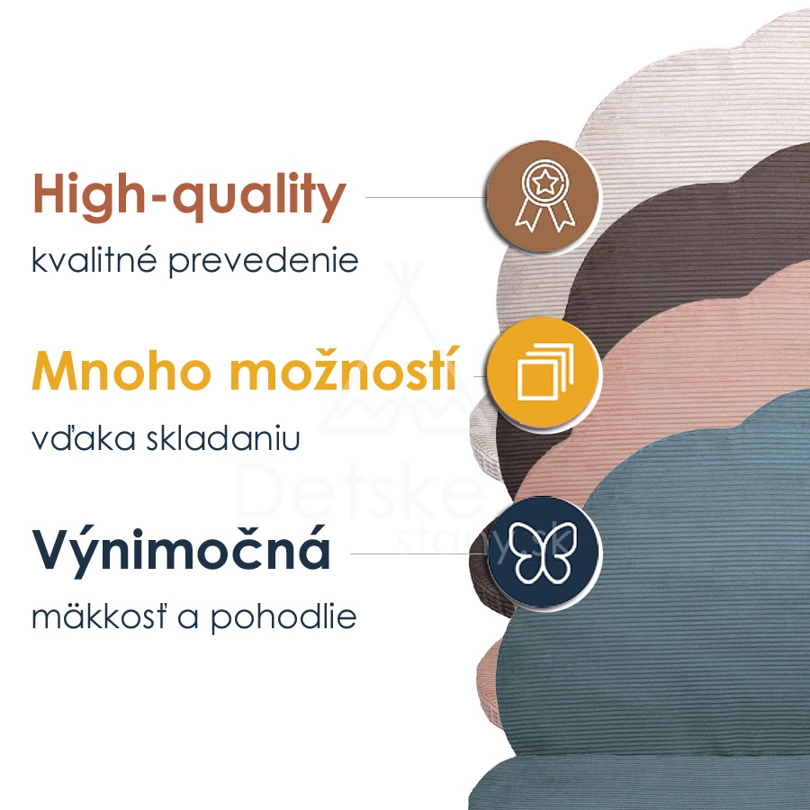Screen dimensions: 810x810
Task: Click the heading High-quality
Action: pos(190,196)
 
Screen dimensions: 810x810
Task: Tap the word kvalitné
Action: pos(94,259)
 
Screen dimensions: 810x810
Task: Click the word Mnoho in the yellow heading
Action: pos(121,372)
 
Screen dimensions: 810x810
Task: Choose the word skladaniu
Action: pos(222,437)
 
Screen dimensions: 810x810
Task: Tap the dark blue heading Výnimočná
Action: pos(181,549)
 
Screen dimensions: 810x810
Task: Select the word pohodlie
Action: pos(283,617)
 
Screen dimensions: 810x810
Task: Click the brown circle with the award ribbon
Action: pos(543,197)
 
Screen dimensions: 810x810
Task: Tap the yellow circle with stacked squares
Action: pos(543,373)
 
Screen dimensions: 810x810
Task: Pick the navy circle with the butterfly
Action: pos(543,552)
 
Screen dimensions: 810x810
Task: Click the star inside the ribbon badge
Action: pos(545,183)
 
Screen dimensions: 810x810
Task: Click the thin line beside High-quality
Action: pos(427,197)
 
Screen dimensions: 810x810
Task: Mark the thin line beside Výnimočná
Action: pos(418,553)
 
